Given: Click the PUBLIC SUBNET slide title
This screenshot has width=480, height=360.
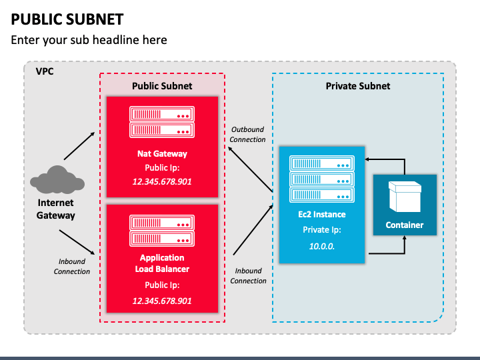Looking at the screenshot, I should click(x=67, y=19).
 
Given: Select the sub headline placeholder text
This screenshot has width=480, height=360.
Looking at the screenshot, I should click(x=89, y=40).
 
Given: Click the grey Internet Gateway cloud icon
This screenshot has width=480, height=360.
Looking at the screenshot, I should click(x=57, y=180).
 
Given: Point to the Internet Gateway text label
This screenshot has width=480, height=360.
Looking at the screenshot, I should click(x=56, y=209).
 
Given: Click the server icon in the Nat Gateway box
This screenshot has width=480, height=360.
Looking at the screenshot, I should click(x=162, y=122).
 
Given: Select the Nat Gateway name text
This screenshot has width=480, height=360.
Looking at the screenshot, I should click(x=162, y=154).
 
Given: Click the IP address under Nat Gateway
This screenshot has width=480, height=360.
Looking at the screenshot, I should click(x=162, y=181).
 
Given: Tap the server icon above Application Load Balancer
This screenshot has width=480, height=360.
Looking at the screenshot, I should click(x=162, y=231).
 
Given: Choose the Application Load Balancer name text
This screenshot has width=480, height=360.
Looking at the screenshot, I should click(x=162, y=263).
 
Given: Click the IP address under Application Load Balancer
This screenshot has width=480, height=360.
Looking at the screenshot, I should click(x=162, y=301).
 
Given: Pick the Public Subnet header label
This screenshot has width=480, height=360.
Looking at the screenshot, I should click(x=162, y=86).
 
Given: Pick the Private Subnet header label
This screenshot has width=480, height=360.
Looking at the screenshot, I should click(x=358, y=86).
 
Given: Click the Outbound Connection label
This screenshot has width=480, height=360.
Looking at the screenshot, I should click(x=248, y=135).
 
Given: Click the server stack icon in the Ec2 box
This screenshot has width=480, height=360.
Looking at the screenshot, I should click(x=321, y=178).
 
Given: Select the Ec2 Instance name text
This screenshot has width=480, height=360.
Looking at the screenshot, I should click(x=322, y=215).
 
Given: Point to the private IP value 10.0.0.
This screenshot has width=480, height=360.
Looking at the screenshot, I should click(x=322, y=245).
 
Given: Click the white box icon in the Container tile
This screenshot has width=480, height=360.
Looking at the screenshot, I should click(x=405, y=197).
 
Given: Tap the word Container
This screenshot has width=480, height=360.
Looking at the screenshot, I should click(x=405, y=225).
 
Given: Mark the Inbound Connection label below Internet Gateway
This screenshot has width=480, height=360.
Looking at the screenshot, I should click(x=72, y=267).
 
